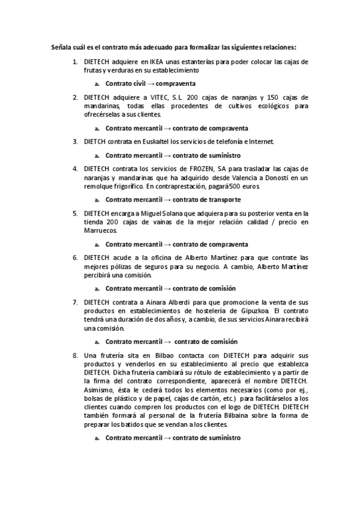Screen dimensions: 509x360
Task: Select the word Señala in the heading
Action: [x=61, y=47]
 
